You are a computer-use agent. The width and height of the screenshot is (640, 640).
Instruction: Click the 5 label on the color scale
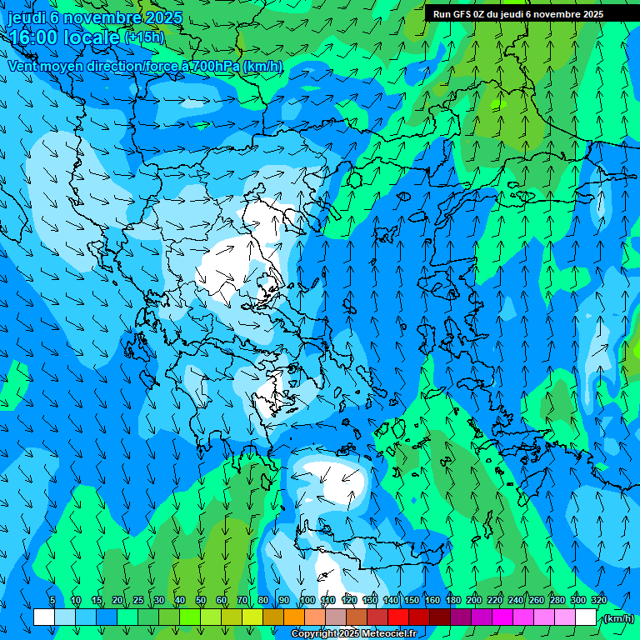(52, 600)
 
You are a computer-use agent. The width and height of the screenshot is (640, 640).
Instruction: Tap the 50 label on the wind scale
(201, 600)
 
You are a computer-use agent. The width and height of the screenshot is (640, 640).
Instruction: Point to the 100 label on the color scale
(307, 600)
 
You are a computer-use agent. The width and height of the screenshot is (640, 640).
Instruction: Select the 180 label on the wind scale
(453, 600)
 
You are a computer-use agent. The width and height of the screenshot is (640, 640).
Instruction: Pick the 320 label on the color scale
(598, 600)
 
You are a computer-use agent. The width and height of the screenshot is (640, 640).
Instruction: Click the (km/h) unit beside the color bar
(618, 618)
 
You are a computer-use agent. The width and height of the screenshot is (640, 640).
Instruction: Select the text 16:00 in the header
(32, 37)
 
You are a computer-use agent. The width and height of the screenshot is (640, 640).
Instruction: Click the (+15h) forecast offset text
(144, 37)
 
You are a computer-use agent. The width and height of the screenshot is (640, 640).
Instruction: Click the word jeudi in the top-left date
(26, 17)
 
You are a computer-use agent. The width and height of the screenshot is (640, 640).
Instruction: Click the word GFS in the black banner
(462, 14)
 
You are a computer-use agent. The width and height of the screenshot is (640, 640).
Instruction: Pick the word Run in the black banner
(441, 14)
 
